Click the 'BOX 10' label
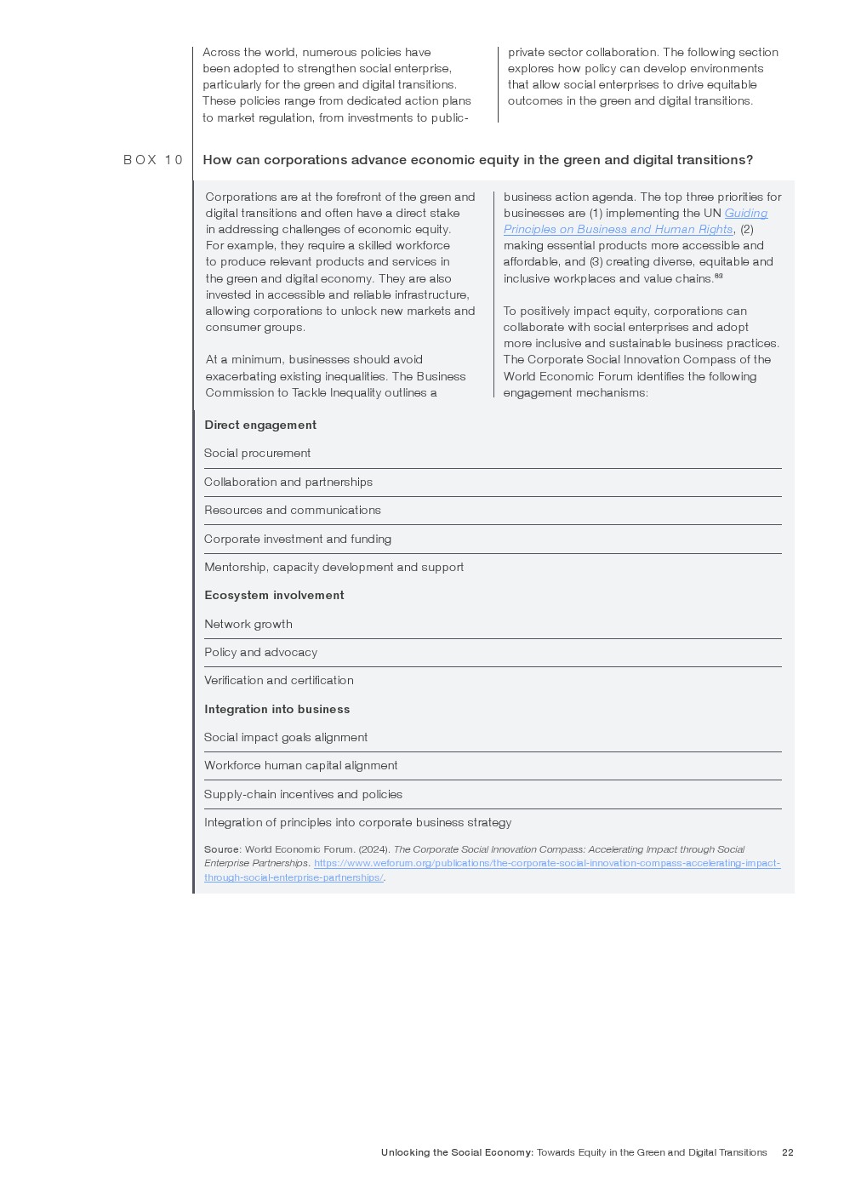click(153, 160)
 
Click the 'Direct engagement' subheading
click(260, 425)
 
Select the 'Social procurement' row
click(258, 454)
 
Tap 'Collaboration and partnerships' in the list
click(288, 482)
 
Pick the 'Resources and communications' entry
click(293, 511)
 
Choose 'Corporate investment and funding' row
click(298, 539)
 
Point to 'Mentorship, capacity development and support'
click(334, 567)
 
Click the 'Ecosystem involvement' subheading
click(274, 596)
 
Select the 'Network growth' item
click(248, 624)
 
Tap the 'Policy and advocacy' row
click(261, 652)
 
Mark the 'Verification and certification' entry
click(279, 681)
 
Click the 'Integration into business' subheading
click(277, 709)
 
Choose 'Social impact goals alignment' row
click(286, 737)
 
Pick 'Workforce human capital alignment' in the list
click(301, 766)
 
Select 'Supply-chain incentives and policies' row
click(304, 794)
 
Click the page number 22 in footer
click(788, 1152)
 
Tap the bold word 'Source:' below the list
click(223, 849)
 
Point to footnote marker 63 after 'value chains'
click(719, 276)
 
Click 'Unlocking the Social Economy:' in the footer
click(458, 1152)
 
